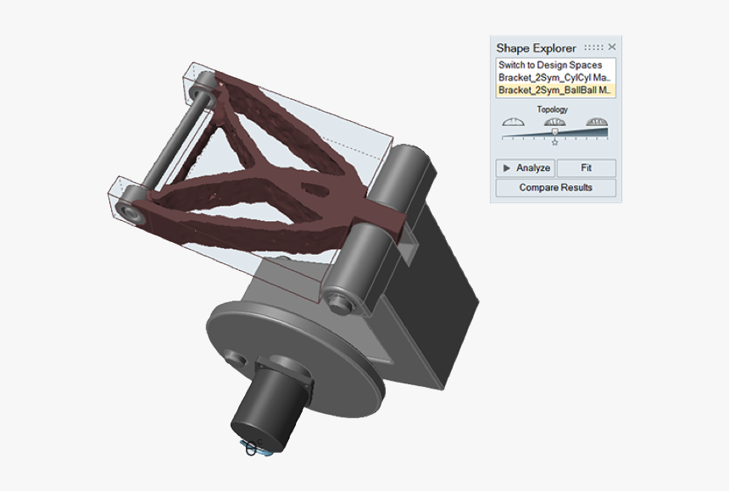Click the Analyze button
[x=526, y=168]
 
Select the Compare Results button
[x=555, y=187]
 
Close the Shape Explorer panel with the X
[x=612, y=47]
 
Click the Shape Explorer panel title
[x=536, y=48]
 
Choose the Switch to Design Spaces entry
[x=550, y=65]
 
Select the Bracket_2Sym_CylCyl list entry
[x=554, y=77]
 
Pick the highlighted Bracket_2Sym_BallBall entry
[x=554, y=89]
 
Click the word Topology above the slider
[x=553, y=109]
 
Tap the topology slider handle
[x=554, y=131]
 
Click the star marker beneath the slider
[x=554, y=142]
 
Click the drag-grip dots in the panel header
[x=594, y=47]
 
